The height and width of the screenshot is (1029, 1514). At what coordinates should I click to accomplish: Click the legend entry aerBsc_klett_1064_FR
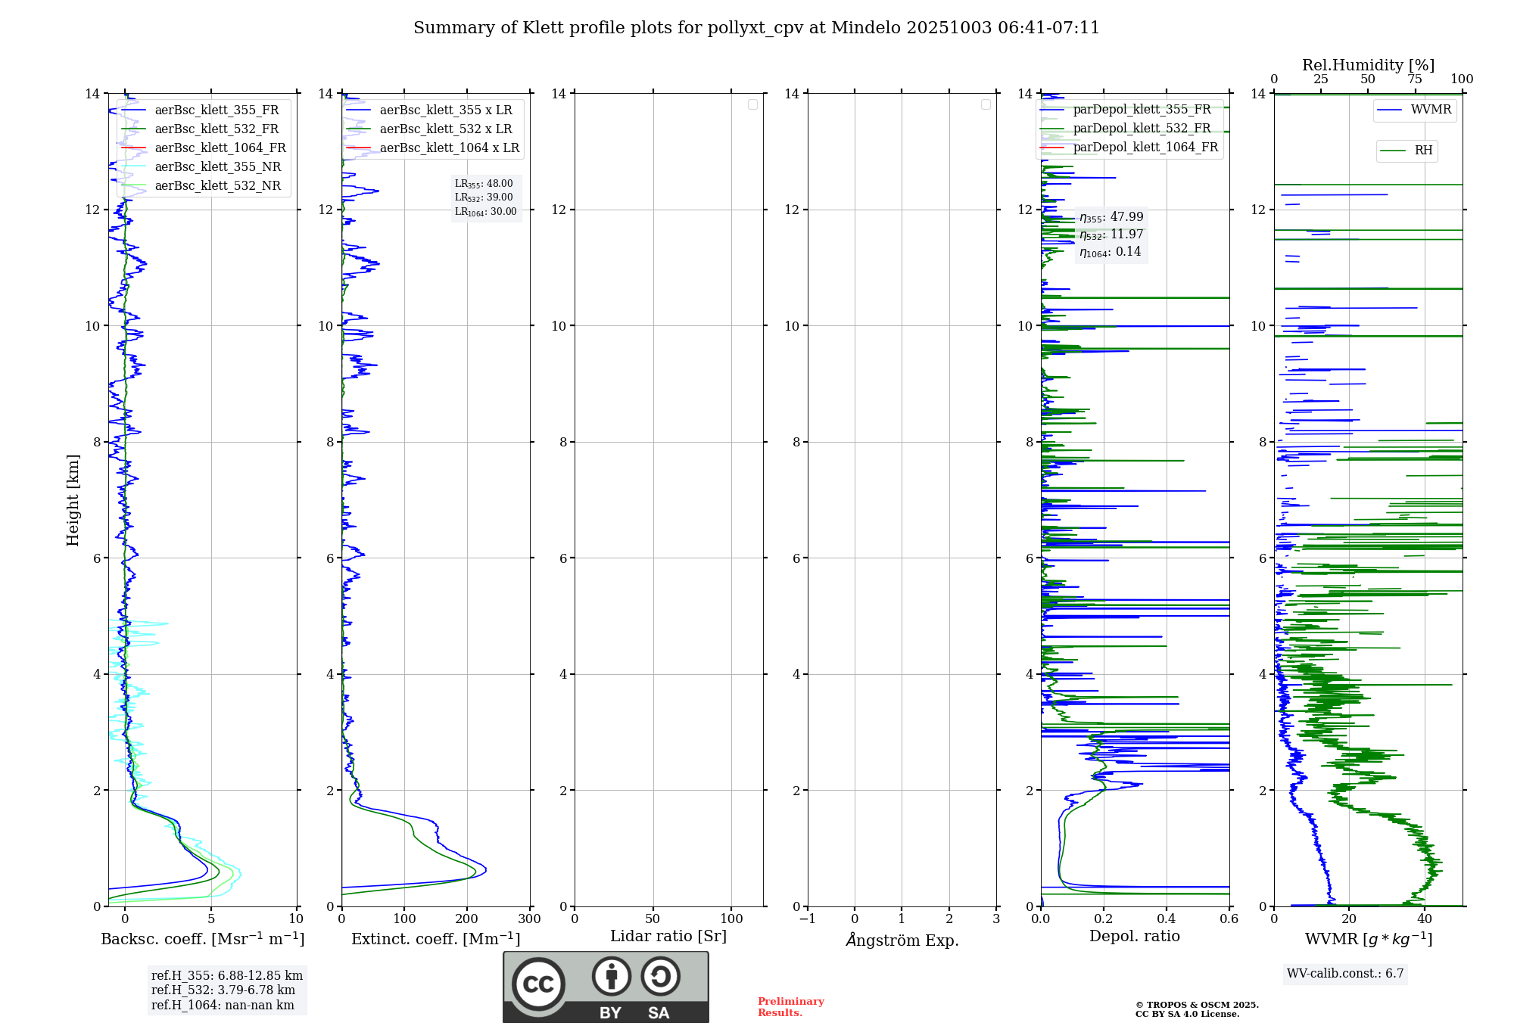pyautogui.click(x=220, y=148)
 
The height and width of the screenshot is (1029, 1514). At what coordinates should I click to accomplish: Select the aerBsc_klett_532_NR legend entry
pyautogui.click(x=217, y=186)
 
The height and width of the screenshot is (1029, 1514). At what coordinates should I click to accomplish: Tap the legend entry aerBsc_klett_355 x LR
pyautogui.click(x=445, y=110)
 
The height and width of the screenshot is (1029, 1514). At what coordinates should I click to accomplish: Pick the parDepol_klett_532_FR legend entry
pyautogui.click(x=1142, y=129)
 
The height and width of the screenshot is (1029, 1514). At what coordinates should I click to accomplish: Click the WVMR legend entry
pyautogui.click(x=1431, y=110)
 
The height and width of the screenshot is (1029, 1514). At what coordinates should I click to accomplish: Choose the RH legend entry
pyautogui.click(x=1423, y=151)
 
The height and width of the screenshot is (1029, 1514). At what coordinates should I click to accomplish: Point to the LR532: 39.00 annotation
pyautogui.click(x=484, y=197)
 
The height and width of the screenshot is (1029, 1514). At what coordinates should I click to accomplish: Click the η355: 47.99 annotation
pyautogui.click(x=1111, y=217)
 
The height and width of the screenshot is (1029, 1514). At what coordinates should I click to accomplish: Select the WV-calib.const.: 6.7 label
pyautogui.click(x=1345, y=974)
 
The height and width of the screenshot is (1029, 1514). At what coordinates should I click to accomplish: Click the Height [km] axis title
pyautogui.click(x=73, y=500)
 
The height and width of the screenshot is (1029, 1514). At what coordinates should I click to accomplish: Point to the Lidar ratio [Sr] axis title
pyautogui.click(x=668, y=937)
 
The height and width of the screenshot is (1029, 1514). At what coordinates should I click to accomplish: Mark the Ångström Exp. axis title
pyautogui.click(x=902, y=940)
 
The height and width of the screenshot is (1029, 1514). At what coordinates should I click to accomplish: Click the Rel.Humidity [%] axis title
pyautogui.click(x=1368, y=65)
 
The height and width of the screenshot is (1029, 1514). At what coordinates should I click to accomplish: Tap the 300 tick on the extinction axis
pyautogui.click(x=529, y=919)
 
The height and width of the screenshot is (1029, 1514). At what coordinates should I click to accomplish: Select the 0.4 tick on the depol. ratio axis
pyautogui.click(x=1167, y=919)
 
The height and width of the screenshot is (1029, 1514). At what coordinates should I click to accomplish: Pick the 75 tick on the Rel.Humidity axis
pyautogui.click(x=1414, y=79)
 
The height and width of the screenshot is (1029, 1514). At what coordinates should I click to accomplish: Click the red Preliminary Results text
pyautogui.click(x=790, y=1007)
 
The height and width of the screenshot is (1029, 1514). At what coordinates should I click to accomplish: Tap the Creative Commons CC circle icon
pyautogui.click(x=538, y=984)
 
